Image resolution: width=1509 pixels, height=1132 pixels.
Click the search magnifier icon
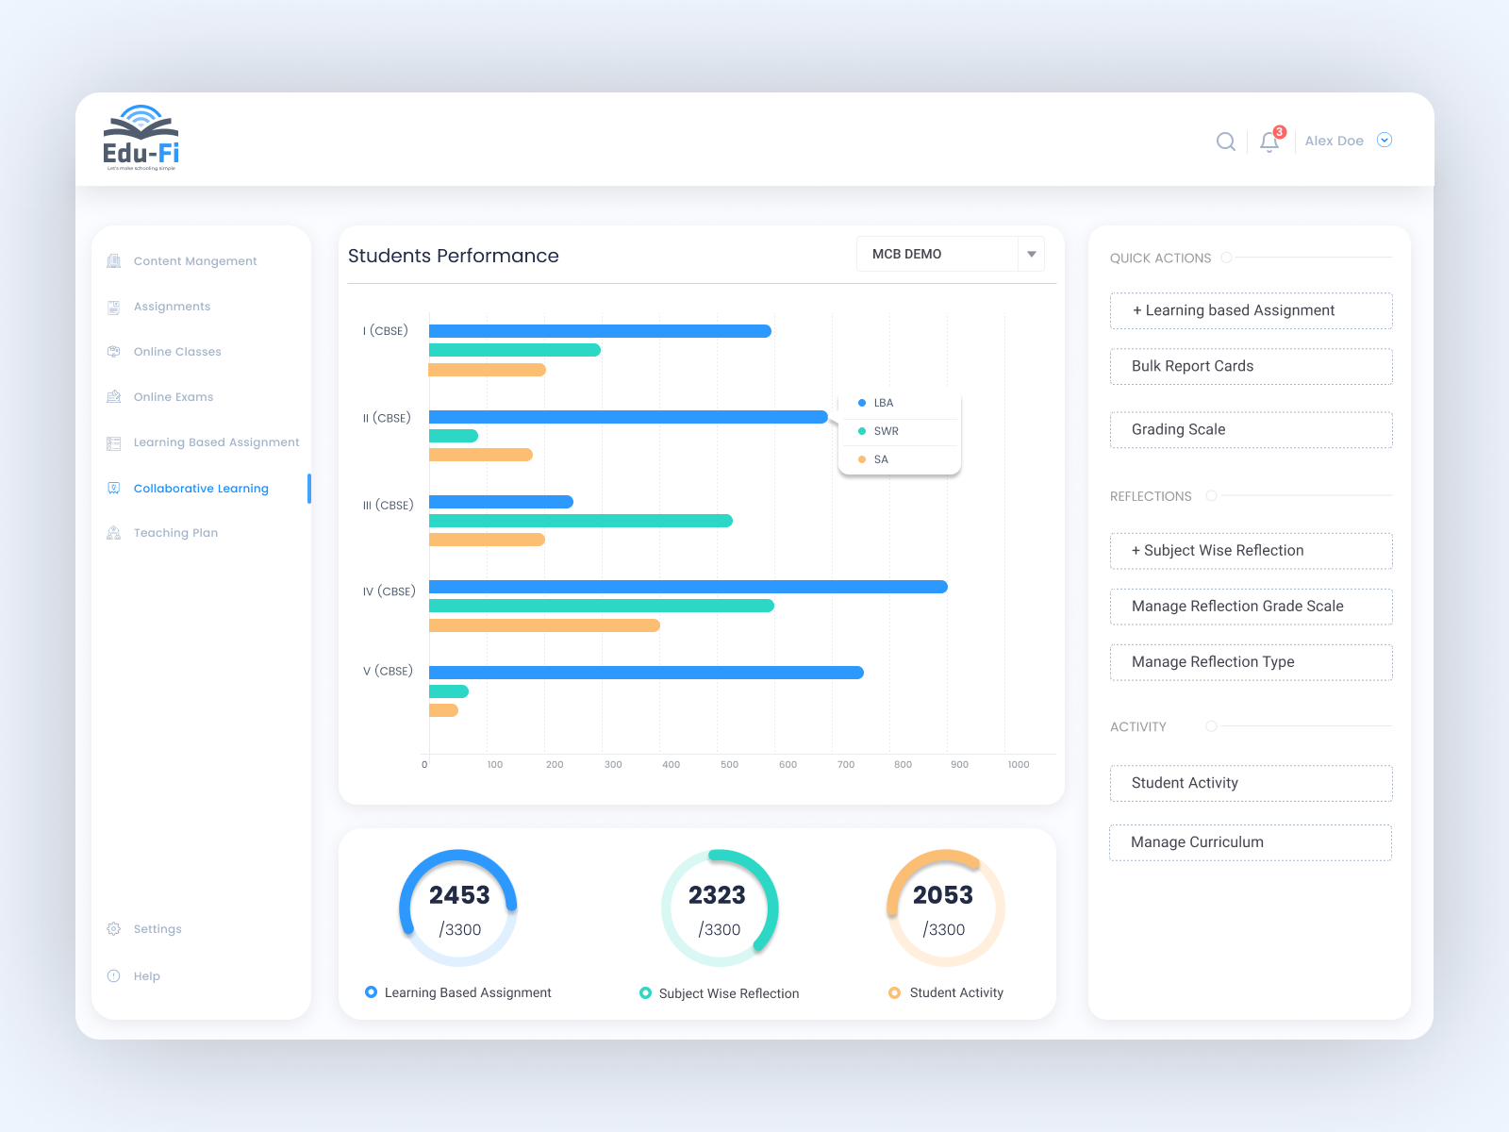(x=1225, y=141)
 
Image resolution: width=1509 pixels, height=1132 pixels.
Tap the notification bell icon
(x=1269, y=141)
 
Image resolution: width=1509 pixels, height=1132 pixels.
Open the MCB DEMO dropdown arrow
(x=1031, y=254)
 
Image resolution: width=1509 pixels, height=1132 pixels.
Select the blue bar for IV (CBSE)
(x=688, y=587)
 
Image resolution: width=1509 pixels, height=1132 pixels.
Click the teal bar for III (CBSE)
(x=580, y=521)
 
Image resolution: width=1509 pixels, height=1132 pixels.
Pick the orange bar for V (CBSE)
(x=443, y=710)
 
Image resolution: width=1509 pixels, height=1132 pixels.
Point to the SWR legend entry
(x=886, y=431)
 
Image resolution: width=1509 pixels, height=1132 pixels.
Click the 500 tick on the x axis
(x=729, y=764)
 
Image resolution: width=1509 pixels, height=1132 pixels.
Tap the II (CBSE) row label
(x=387, y=418)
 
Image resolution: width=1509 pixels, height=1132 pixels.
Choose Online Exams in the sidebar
(x=174, y=397)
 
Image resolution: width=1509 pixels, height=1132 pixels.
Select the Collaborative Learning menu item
(x=201, y=489)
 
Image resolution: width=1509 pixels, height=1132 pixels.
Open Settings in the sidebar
(x=158, y=929)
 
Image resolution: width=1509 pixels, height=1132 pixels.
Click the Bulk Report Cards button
(x=1251, y=366)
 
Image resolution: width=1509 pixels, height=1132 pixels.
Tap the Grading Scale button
(x=1251, y=429)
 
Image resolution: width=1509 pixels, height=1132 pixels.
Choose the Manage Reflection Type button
(x=1251, y=662)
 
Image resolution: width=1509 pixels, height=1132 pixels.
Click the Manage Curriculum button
(x=1251, y=842)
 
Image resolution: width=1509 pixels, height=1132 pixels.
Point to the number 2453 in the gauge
(x=459, y=894)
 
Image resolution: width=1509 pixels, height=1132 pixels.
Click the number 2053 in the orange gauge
(x=942, y=894)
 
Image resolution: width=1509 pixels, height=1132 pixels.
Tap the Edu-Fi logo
(x=141, y=139)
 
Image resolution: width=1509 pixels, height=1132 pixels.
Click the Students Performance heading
(x=453, y=256)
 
